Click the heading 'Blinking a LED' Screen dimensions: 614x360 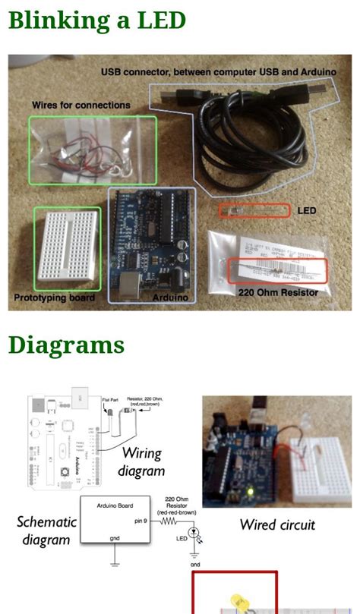pyautogui.click(x=96, y=20)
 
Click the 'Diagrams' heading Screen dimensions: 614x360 pyautogui.click(x=66, y=345)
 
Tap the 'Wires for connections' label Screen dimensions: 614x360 pyautogui.click(x=81, y=105)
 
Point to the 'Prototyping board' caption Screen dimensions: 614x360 pyautogui.click(x=54, y=298)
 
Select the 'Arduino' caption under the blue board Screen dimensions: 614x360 pyautogui.click(x=170, y=298)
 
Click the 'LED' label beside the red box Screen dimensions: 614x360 pyautogui.click(x=307, y=210)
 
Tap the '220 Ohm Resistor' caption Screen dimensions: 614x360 pyautogui.click(x=278, y=291)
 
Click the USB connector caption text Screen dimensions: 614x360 pyautogui.click(x=218, y=72)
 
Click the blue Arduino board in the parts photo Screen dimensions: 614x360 pyautogui.click(x=152, y=241)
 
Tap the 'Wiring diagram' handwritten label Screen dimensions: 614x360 pyautogui.click(x=143, y=462)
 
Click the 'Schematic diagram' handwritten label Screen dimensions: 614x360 pyautogui.click(x=46, y=531)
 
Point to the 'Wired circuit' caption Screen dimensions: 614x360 pyautogui.click(x=277, y=524)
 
